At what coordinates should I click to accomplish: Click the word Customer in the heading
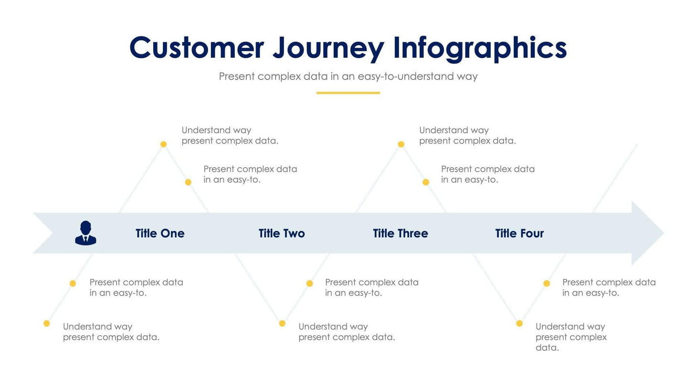click(x=196, y=48)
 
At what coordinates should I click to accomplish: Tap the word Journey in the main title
click(x=328, y=49)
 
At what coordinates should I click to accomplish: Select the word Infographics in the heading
click(x=479, y=49)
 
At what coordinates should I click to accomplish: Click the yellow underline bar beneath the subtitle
click(x=348, y=93)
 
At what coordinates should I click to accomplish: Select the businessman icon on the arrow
click(x=85, y=233)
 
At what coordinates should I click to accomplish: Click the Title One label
click(x=160, y=233)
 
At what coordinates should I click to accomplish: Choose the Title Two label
click(x=282, y=233)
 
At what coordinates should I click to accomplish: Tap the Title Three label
click(x=400, y=233)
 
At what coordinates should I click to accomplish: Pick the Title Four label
click(x=519, y=233)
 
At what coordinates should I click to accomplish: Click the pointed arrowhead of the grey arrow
click(x=649, y=233)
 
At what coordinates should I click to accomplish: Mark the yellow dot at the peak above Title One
click(x=163, y=144)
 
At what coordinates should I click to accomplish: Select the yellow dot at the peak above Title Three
click(x=401, y=144)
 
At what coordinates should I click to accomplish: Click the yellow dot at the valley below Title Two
click(x=282, y=324)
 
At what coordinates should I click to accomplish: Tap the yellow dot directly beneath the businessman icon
click(x=73, y=283)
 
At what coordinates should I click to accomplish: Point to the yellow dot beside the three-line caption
click(x=519, y=324)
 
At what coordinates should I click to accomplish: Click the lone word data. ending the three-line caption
click(x=547, y=348)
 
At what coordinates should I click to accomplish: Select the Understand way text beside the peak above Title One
click(x=216, y=130)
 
